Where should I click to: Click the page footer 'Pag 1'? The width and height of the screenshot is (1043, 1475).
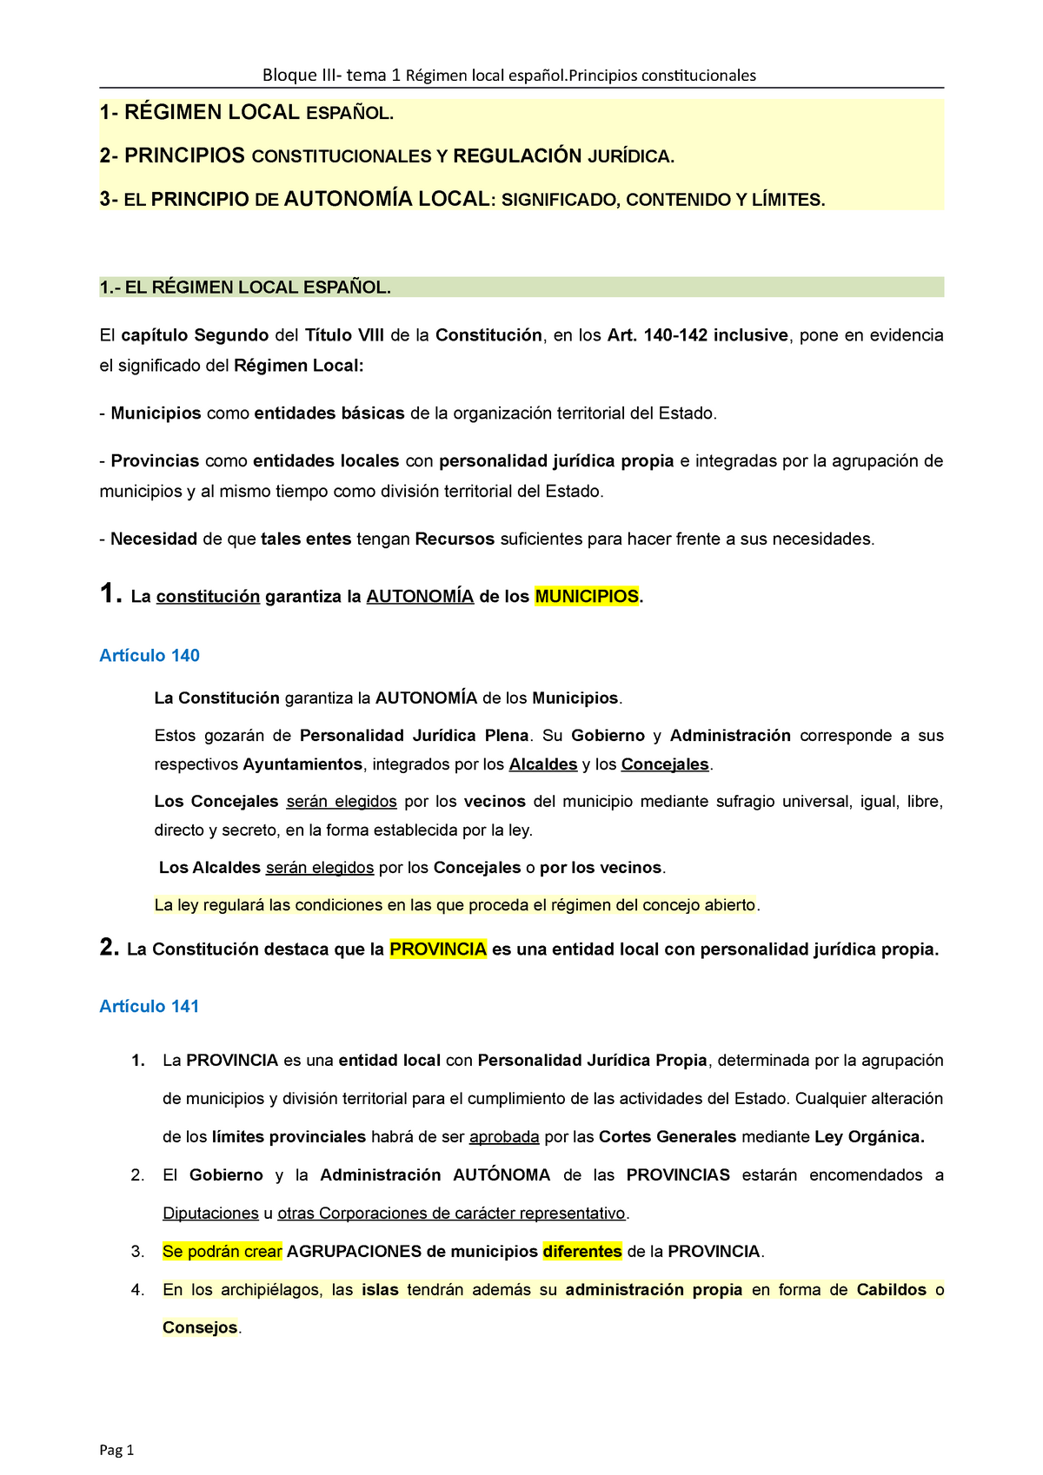tap(116, 1450)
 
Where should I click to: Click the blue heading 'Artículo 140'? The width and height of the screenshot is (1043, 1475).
tap(149, 656)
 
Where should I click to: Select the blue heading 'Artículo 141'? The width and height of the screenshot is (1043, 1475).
tap(149, 1006)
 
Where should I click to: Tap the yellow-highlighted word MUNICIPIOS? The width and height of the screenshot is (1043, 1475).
tap(587, 597)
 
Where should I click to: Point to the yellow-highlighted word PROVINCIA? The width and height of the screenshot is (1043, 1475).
tap(438, 949)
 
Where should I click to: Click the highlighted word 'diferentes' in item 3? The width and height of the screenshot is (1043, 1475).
tap(582, 1252)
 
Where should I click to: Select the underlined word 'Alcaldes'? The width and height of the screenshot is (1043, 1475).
tap(543, 764)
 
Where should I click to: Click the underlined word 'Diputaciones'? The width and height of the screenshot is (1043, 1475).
tap(210, 1214)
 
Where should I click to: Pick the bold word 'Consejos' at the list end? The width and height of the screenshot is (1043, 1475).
tap(200, 1328)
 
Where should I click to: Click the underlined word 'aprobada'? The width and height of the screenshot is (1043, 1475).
tap(504, 1137)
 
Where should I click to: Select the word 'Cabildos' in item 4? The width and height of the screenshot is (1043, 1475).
tap(892, 1290)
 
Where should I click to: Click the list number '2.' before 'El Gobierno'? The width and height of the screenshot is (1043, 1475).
tap(137, 1175)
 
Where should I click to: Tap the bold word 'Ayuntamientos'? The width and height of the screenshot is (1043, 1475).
tap(302, 764)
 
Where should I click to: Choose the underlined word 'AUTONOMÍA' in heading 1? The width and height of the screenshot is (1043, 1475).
tap(420, 597)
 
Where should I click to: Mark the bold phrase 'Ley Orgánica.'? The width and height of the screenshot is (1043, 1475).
tap(869, 1137)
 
